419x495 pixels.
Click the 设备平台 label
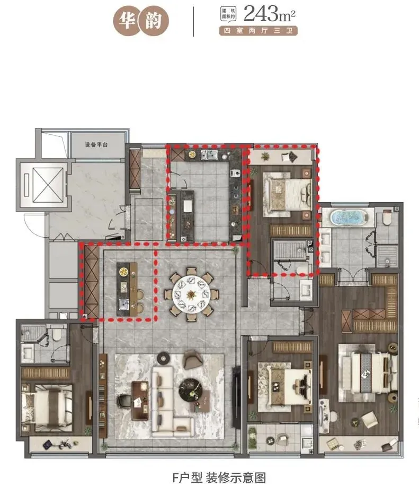tap(96, 144)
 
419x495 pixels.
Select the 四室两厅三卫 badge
tap(258, 31)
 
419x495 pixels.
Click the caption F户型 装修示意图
tap(210, 477)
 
